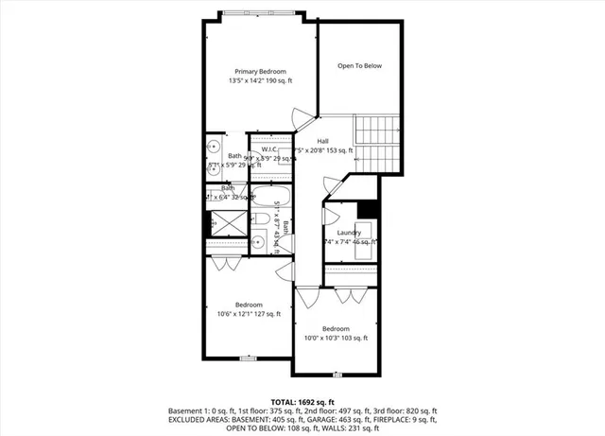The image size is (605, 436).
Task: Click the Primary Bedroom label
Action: click(x=260, y=72)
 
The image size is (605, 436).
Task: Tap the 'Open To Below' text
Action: click(x=359, y=66)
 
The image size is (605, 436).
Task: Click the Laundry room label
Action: click(x=350, y=232)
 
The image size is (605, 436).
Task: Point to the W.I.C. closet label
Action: click(x=269, y=148)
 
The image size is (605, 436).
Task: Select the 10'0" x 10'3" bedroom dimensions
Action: click(x=336, y=338)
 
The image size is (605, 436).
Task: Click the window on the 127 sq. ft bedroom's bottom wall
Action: click(x=248, y=358)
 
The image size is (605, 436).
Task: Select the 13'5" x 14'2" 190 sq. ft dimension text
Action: click(x=260, y=81)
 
